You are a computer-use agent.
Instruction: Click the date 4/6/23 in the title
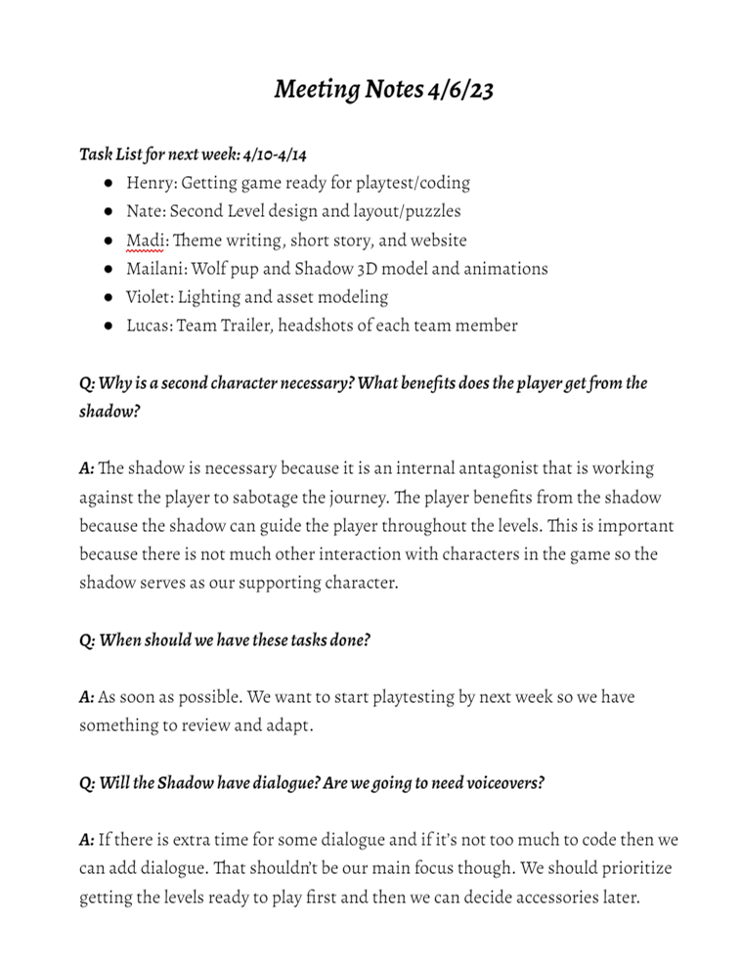[459, 90]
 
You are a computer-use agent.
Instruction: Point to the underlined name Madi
[146, 240]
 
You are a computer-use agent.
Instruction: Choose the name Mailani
[155, 268]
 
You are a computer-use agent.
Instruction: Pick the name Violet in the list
[148, 296]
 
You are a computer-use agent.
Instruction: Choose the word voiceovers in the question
[501, 783]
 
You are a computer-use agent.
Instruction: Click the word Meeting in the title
[317, 90]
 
